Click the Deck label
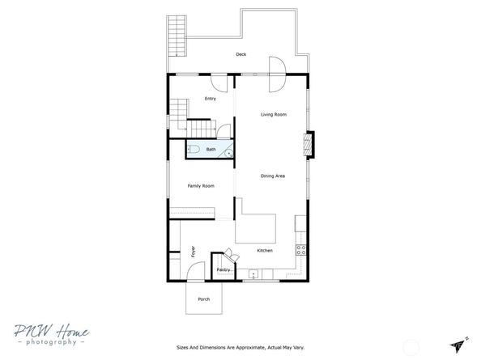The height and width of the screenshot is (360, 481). [x=241, y=54]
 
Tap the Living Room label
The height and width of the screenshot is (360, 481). [x=274, y=115]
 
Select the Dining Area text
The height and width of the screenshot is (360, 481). [x=273, y=176]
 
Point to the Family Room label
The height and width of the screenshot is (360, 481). [x=201, y=186]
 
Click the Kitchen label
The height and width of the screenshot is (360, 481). [x=265, y=250]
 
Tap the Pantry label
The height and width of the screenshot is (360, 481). [x=223, y=270]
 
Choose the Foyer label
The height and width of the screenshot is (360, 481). [x=193, y=252]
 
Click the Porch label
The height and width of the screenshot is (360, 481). [x=204, y=299]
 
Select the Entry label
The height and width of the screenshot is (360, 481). [x=211, y=99]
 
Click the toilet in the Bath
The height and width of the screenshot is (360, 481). [x=194, y=149]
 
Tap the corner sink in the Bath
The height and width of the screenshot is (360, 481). [x=228, y=153]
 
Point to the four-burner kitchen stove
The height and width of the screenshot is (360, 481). [x=301, y=250]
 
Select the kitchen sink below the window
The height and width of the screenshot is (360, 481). [x=253, y=273]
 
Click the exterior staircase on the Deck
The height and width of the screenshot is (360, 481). [x=177, y=36]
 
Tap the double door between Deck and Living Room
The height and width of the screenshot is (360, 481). [x=277, y=74]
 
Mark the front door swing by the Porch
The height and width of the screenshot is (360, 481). [x=196, y=271]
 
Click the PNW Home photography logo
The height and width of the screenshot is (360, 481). [x=52, y=334]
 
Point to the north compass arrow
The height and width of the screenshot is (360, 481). [x=459, y=344]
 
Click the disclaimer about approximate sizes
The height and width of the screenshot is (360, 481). [x=240, y=347]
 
